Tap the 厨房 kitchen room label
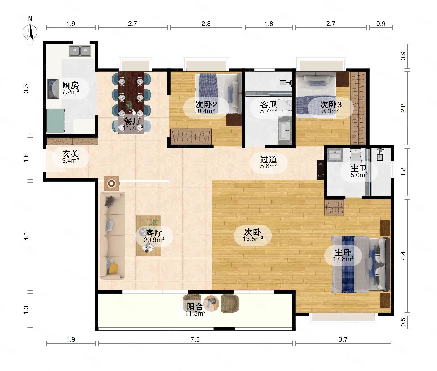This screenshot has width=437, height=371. click(x=70, y=85)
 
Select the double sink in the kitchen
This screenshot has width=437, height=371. click(x=80, y=51)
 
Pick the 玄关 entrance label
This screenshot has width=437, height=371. click(x=70, y=154)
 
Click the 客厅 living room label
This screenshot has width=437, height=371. click(x=154, y=233)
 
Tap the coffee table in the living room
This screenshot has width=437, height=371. click(x=148, y=236)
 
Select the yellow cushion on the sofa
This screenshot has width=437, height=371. click(x=113, y=268)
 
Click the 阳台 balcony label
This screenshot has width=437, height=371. click(x=195, y=307)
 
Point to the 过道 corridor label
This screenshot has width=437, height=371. click(x=268, y=159)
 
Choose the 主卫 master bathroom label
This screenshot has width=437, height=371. click(x=359, y=168)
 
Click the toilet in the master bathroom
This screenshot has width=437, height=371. click(x=355, y=155)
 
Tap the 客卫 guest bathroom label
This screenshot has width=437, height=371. click(x=268, y=105)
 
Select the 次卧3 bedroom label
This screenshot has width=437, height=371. click(x=330, y=105)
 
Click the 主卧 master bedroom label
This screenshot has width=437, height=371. click(x=343, y=252)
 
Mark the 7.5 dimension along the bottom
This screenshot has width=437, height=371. click(x=195, y=339)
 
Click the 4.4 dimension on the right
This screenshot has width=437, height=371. click(x=403, y=256)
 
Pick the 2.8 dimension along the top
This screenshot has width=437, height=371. click(x=206, y=24)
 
